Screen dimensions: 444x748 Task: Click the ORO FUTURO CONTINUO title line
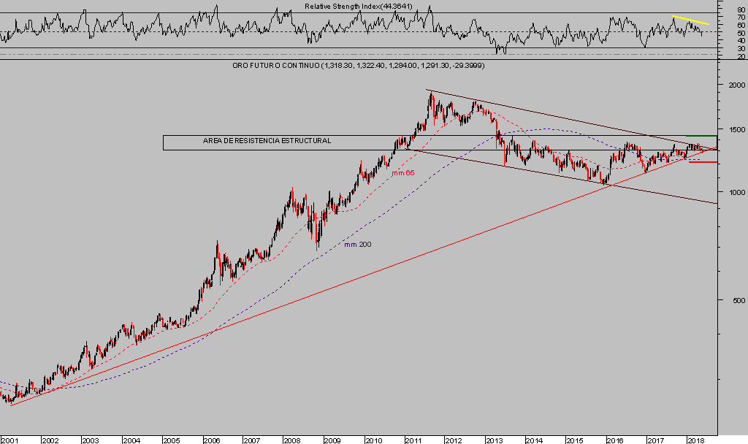point(358,66)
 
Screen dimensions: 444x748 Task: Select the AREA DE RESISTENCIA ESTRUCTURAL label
point(267,140)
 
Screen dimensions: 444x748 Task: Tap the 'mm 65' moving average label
point(402,173)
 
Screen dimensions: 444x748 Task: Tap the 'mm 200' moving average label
point(357,244)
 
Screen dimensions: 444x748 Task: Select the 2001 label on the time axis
point(9,440)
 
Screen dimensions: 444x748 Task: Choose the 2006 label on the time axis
point(211,440)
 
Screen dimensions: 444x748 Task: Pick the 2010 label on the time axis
point(373,440)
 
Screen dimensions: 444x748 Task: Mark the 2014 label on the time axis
point(534,440)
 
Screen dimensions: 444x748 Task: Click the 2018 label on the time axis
point(695,440)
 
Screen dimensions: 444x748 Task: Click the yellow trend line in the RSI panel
point(690,20)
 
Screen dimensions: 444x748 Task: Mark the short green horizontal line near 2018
point(702,136)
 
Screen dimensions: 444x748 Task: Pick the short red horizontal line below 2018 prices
point(702,162)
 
